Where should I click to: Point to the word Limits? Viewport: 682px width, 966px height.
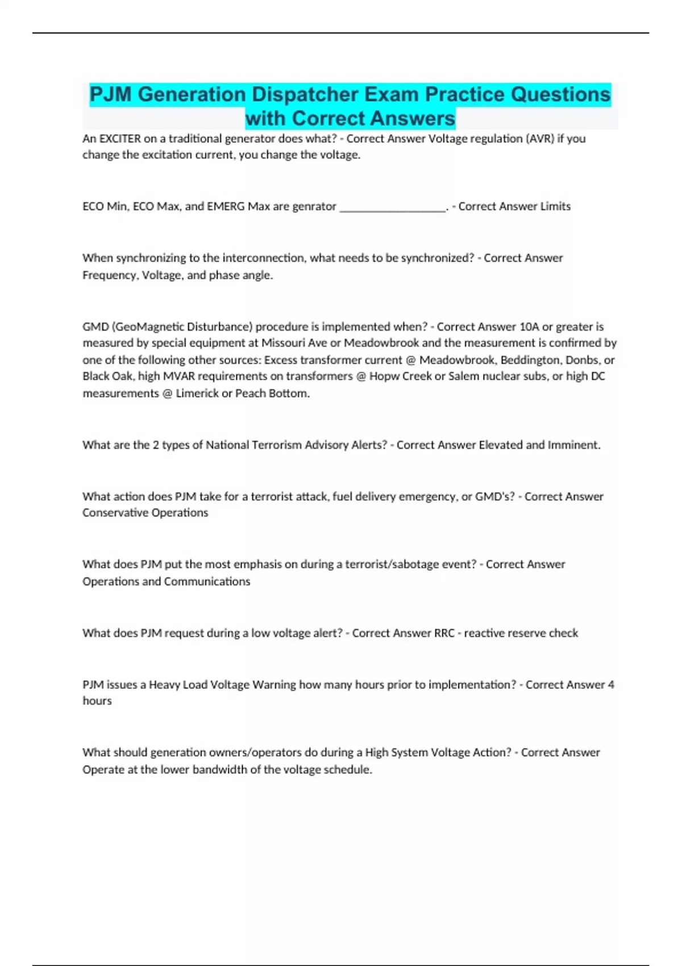(555, 206)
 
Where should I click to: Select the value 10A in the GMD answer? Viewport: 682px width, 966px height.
(529, 327)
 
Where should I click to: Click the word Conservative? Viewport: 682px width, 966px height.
(114, 513)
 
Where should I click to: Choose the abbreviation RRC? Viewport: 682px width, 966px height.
(444, 633)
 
